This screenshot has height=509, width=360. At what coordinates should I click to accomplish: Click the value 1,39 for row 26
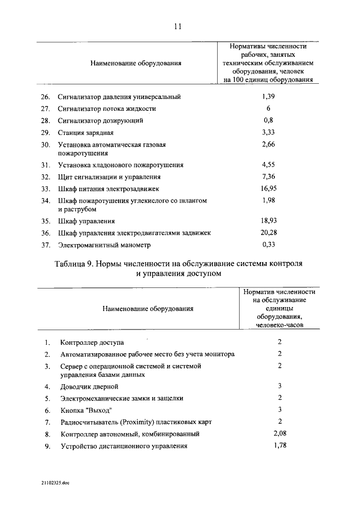click(268, 97)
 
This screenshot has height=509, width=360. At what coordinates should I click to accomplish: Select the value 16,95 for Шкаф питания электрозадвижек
click(268, 188)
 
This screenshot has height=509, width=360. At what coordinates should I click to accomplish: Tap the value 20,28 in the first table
click(268, 232)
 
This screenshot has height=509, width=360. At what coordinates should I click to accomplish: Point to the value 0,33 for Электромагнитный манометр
click(268, 245)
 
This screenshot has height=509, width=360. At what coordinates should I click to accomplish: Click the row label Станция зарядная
click(85, 133)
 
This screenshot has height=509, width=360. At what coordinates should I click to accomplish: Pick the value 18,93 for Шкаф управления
click(268, 220)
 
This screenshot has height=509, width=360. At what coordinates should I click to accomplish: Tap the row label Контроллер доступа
click(92, 343)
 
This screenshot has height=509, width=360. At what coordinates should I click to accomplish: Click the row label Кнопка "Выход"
click(87, 410)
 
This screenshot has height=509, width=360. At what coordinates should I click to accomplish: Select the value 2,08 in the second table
click(280, 434)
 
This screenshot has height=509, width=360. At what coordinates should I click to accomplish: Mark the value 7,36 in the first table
click(268, 176)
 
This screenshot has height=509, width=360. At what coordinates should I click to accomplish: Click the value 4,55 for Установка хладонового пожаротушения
click(268, 165)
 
